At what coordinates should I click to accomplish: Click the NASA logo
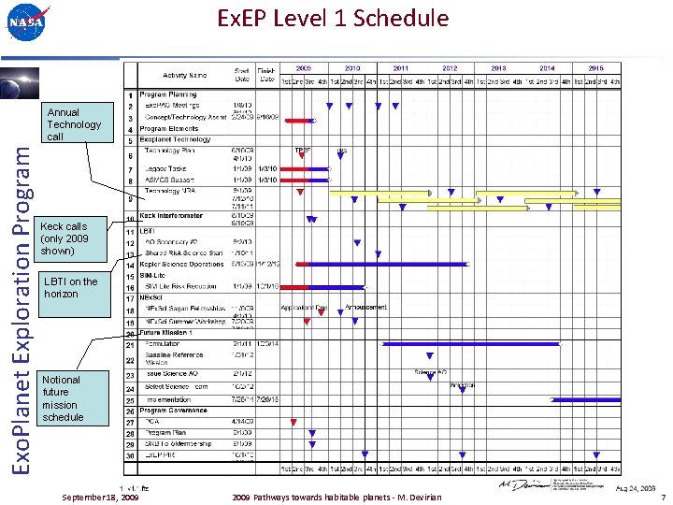(x=26, y=24)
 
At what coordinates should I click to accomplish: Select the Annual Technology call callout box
(x=74, y=124)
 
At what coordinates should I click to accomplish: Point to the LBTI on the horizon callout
(x=70, y=287)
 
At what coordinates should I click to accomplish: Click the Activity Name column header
(x=185, y=75)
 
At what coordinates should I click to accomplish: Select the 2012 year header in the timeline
(x=450, y=68)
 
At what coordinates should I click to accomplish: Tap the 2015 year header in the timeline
(x=595, y=68)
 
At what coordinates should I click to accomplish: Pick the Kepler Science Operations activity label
(x=185, y=264)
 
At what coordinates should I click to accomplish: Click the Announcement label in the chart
(x=365, y=307)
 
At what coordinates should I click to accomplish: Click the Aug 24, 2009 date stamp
(x=636, y=487)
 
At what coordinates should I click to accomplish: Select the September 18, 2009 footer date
(x=100, y=497)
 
